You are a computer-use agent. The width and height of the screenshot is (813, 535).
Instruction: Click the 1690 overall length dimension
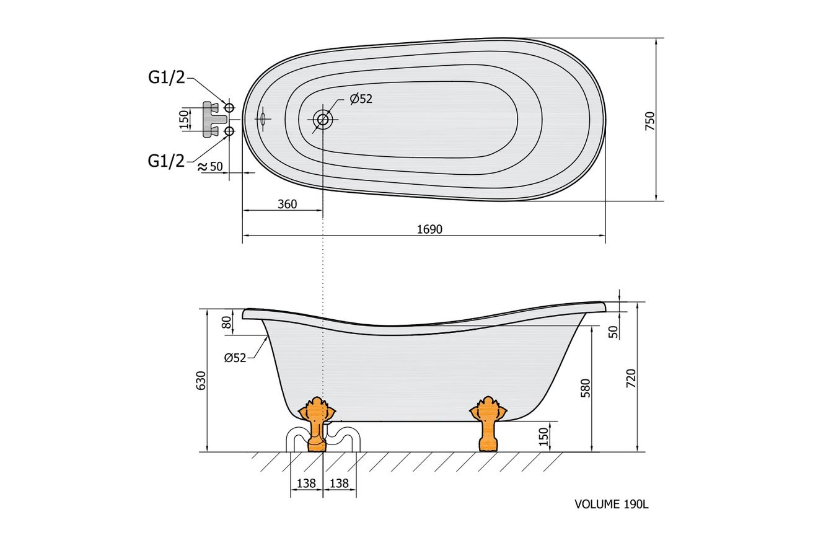coord(429,229)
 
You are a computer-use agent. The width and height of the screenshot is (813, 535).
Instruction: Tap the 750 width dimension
coord(651,122)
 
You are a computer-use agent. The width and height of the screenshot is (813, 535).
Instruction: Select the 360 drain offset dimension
coord(287,205)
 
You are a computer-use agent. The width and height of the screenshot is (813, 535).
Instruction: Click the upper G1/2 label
coord(167,77)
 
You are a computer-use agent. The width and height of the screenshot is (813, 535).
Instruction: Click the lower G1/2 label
coord(166,161)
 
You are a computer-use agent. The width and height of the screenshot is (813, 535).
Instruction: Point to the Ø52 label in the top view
coord(361,99)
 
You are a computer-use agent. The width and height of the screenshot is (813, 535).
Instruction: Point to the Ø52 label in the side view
coord(235,358)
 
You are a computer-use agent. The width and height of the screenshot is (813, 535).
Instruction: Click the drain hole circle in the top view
coord(322,119)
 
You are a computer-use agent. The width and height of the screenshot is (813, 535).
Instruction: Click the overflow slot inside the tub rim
coord(262,119)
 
